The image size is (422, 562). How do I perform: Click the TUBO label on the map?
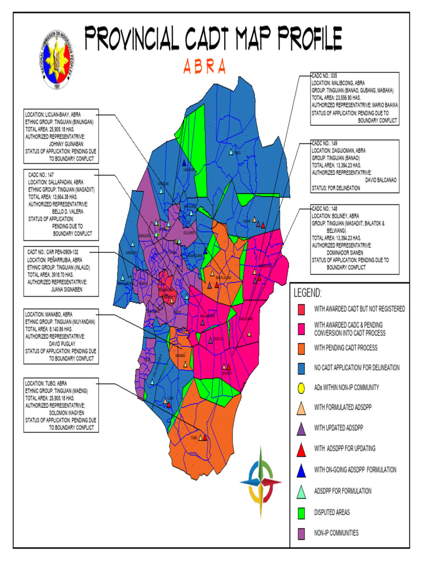coord(193,438)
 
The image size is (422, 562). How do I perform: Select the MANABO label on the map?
coord(180,356)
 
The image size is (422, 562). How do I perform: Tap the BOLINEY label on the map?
coord(227,373)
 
